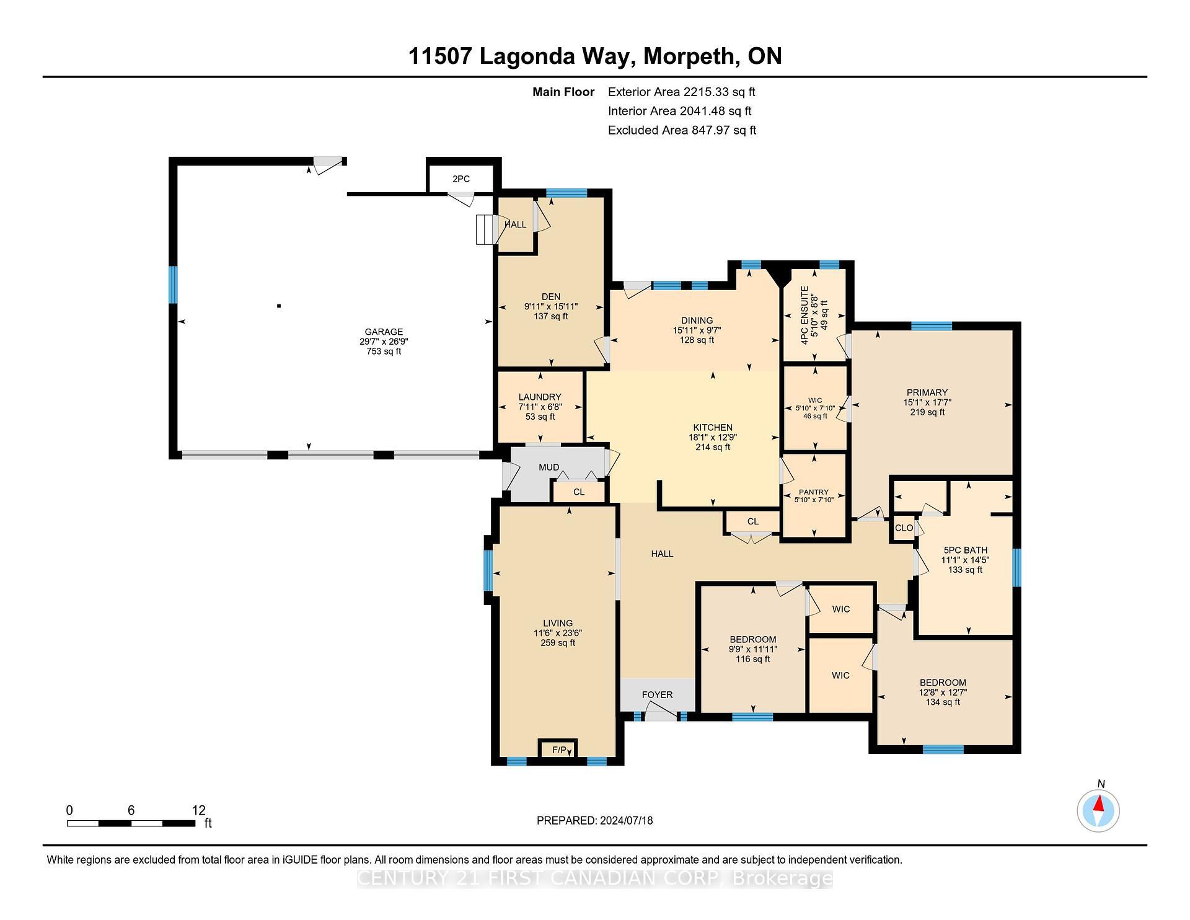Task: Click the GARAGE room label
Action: click(384, 332)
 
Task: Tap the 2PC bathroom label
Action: click(461, 179)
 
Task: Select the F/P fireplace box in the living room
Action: click(558, 750)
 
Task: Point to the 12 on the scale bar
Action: click(198, 810)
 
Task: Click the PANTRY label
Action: click(813, 492)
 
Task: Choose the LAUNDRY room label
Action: click(540, 397)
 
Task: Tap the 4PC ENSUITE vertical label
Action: click(804, 315)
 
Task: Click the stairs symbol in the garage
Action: click(485, 229)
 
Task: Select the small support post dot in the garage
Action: click(279, 306)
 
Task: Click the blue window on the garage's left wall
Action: click(174, 285)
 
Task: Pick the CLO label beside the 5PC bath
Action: click(904, 528)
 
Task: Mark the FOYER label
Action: click(657, 694)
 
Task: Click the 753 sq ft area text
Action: click(384, 352)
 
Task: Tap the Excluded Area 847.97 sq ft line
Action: click(682, 130)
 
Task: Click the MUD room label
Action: click(549, 467)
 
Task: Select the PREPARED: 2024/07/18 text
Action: click(594, 820)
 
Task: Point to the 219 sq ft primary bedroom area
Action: click(927, 412)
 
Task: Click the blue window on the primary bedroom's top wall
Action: click(931, 326)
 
